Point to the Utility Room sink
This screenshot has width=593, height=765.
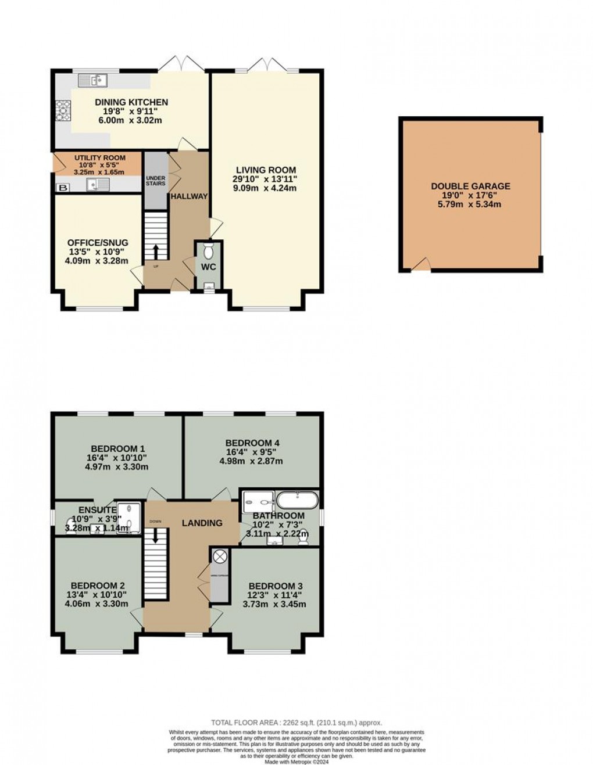click(x=94, y=185)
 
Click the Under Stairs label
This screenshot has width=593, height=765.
click(x=155, y=181)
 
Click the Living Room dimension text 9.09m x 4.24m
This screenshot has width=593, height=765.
click(x=266, y=188)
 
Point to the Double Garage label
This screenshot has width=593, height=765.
click(x=470, y=186)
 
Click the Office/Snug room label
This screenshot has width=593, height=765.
click(x=98, y=243)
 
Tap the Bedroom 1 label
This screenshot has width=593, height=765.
click(x=118, y=448)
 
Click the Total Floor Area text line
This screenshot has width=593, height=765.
click(x=296, y=723)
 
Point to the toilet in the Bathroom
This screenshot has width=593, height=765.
click(x=303, y=539)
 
